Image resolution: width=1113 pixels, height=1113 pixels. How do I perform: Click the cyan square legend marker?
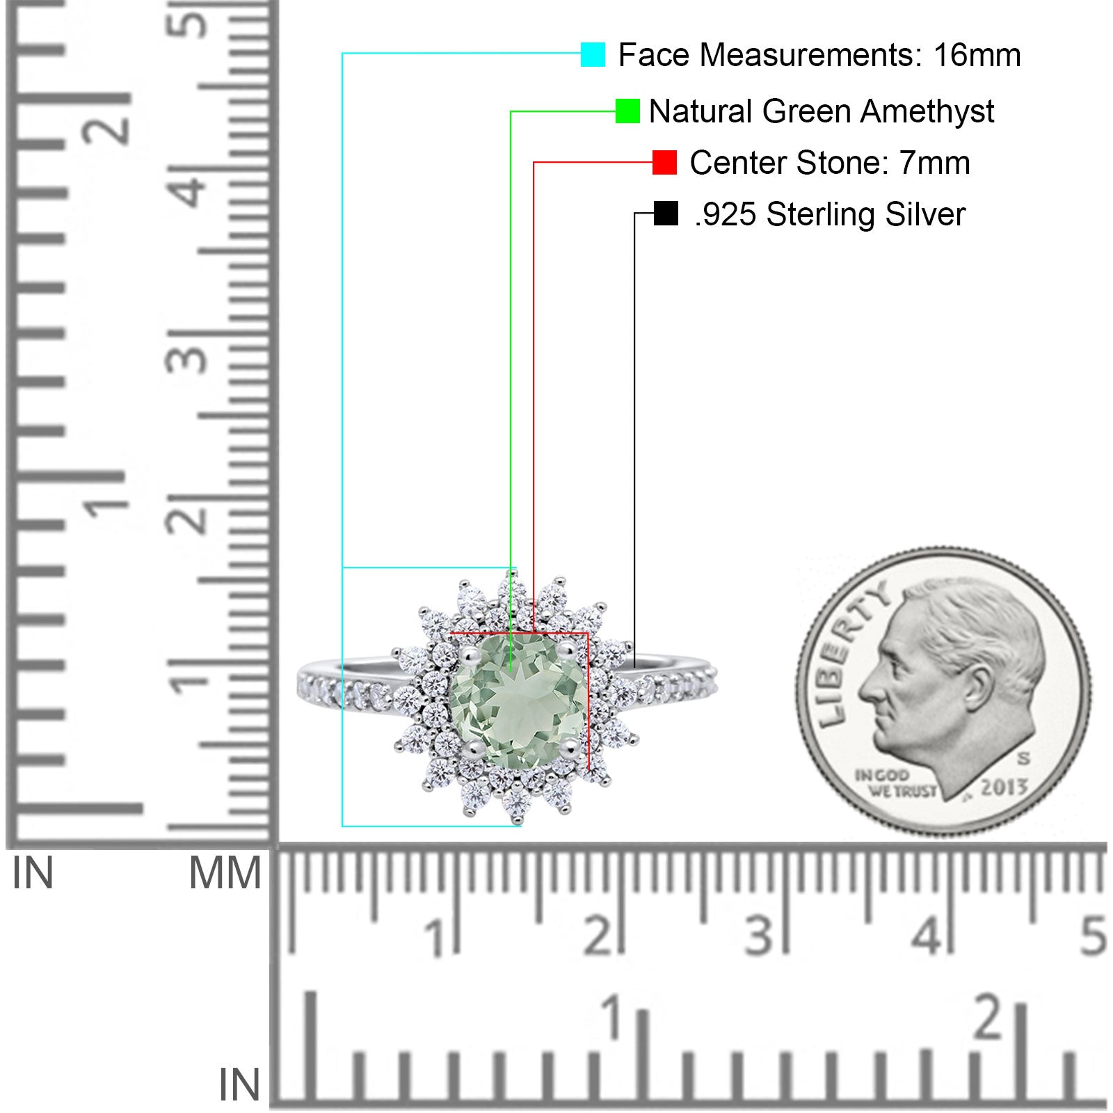coord(593,54)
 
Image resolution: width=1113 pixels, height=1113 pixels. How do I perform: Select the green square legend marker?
coord(627,111)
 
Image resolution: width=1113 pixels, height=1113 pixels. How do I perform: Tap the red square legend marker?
coord(664,163)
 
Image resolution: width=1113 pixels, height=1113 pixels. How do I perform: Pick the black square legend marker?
coord(666,214)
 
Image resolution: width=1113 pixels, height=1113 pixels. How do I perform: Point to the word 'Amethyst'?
coord(927,111)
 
